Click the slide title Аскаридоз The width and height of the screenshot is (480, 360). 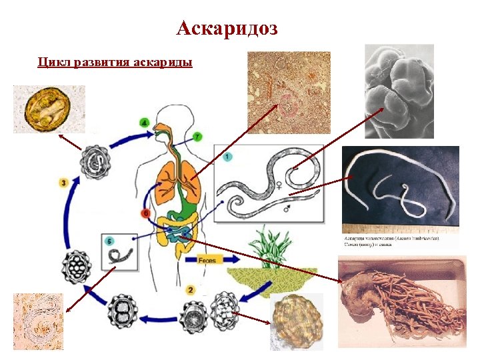227,29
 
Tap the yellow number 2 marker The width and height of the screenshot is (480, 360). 191,289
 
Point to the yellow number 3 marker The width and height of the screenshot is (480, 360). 63,182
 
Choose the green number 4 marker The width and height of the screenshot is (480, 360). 145,123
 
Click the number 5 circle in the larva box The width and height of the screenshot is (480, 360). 197,137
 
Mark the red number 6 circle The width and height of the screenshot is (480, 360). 145,213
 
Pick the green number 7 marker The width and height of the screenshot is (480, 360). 197,137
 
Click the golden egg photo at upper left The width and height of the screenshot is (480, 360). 49,109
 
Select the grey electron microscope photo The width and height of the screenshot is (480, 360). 399,91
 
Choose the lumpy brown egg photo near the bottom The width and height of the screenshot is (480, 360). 296,321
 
